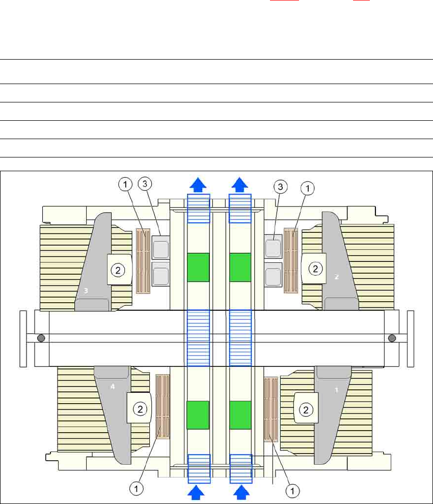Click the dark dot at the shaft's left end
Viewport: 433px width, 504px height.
coord(40,337)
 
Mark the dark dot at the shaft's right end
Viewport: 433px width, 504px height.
coord(392,337)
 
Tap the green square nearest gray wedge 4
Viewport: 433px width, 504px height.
coord(198,414)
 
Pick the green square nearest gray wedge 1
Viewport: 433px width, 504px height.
coord(240,414)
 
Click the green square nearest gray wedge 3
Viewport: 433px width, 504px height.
coord(198,267)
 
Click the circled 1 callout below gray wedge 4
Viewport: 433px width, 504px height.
coord(137,488)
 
